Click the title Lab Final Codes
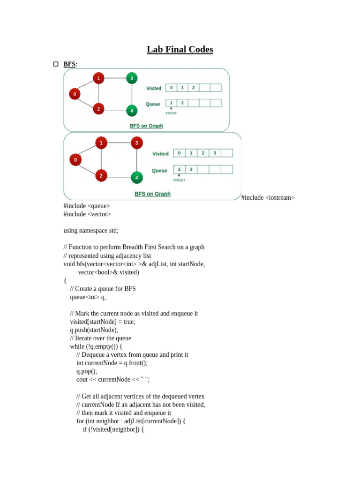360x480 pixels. click(x=180, y=49)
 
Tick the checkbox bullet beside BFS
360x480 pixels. click(x=56, y=64)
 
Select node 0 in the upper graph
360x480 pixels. click(x=75, y=94)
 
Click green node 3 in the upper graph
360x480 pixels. click(x=132, y=78)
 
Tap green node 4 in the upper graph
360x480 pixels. click(x=132, y=111)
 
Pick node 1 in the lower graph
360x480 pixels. click(x=101, y=142)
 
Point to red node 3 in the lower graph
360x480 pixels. click(x=137, y=142)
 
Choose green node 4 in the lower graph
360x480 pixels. click(x=137, y=178)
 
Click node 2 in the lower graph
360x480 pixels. click(x=101, y=176)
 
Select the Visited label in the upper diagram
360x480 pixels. click(x=154, y=88)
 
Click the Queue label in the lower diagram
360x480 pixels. click(x=159, y=171)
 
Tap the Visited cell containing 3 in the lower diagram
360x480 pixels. click(x=215, y=153)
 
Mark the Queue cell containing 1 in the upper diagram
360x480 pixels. click(x=171, y=103)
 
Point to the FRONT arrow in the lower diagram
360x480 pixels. click(x=179, y=176)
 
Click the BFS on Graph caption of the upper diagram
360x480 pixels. click(x=146, y=126)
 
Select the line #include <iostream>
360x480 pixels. click(x=268, y=198)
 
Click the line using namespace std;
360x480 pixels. click(x=91, y=231)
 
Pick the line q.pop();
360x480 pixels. click(x=87, y=371)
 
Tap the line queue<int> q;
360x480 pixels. click(x=88, y=297)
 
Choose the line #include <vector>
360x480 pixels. click(x=87, y=214)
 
